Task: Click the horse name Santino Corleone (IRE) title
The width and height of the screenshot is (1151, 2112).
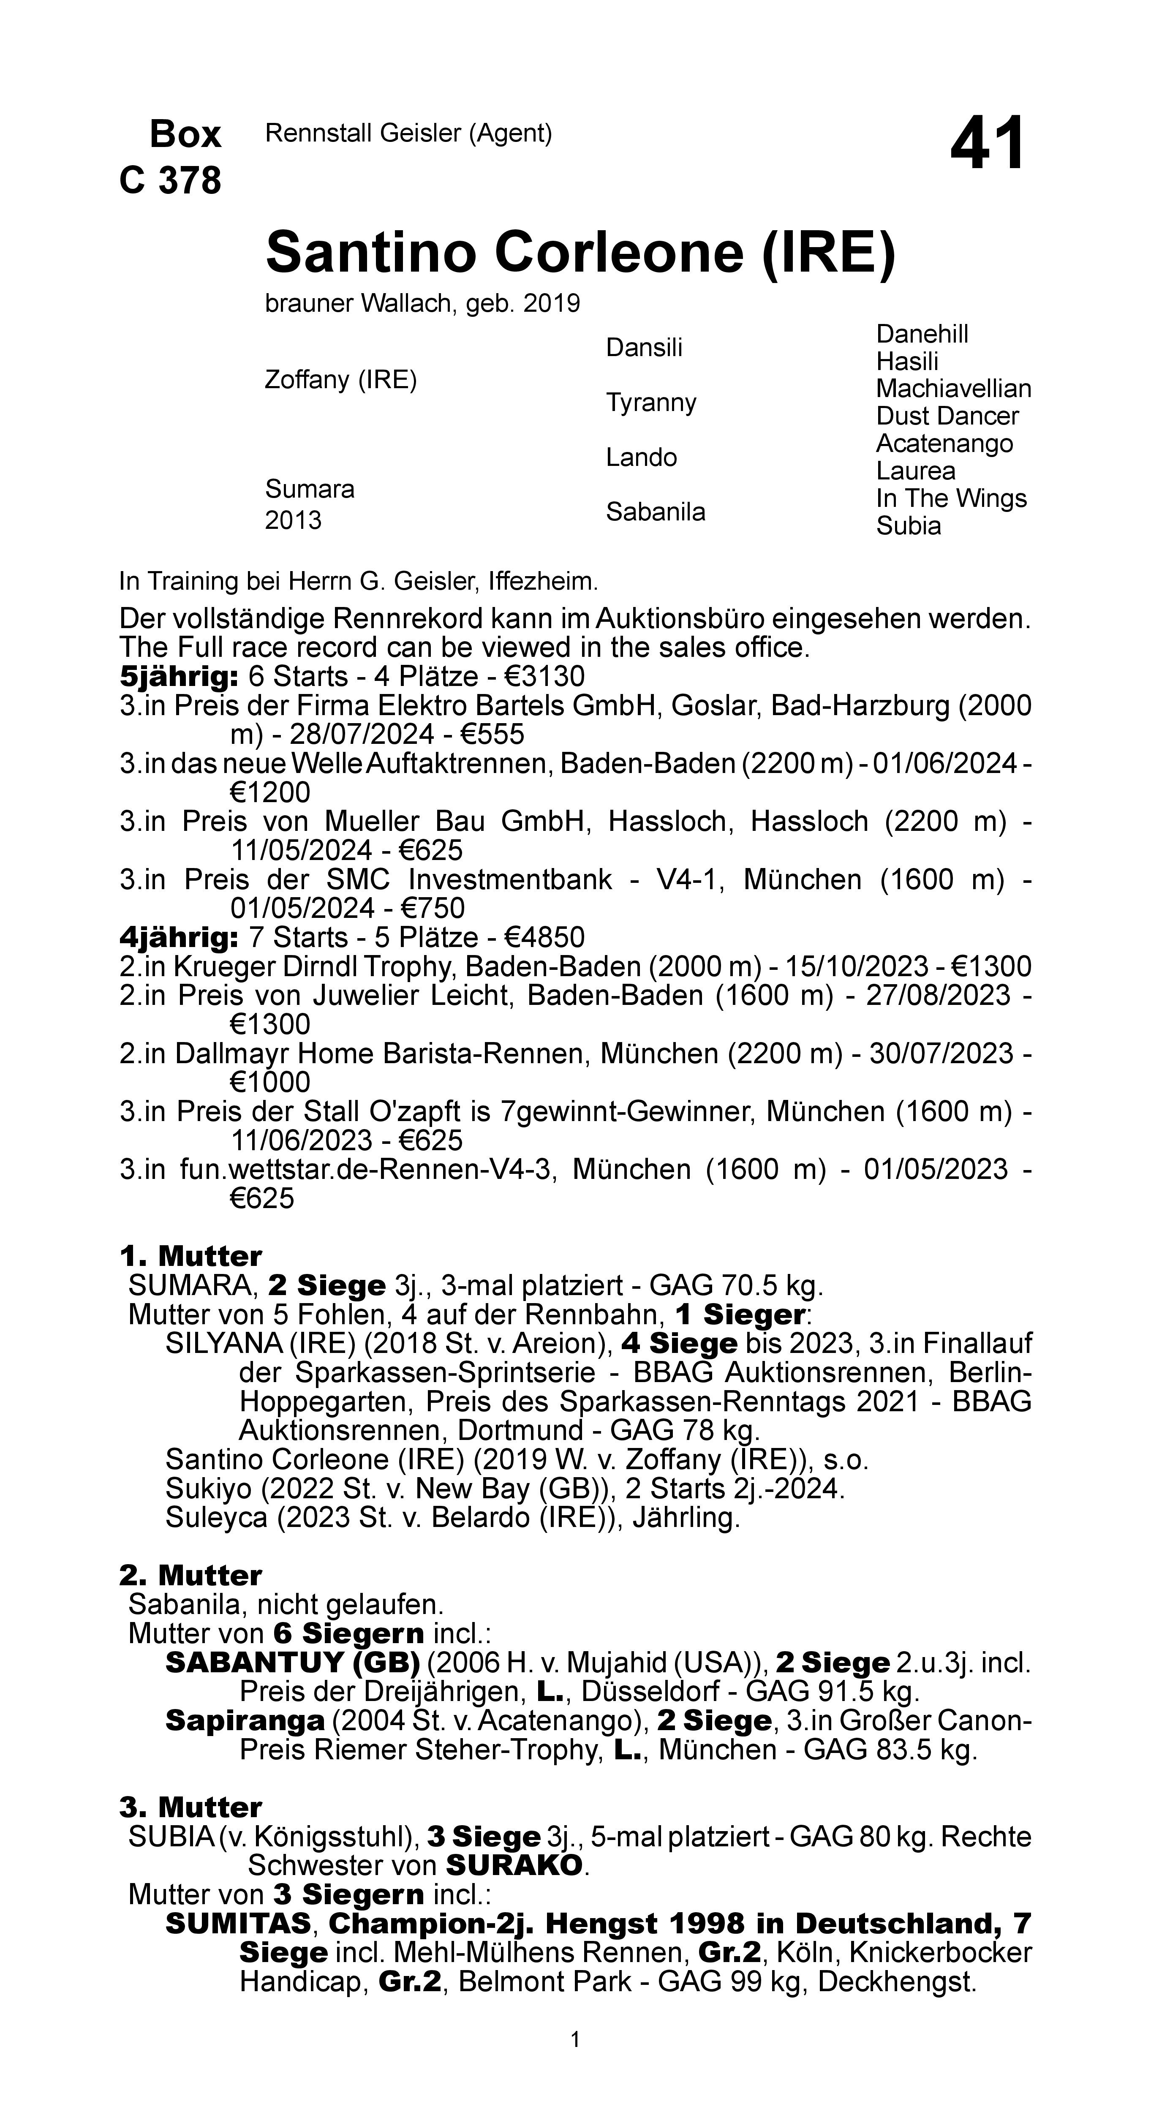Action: click(x=580, y=253)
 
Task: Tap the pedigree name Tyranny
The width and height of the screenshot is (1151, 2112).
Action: click(x=651, y=403)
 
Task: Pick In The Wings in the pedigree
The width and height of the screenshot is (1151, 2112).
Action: click(x=951, y=498)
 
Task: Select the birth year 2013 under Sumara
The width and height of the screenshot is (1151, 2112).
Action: click(x=293, y=521)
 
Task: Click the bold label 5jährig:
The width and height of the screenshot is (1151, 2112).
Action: click(x=179, y=677)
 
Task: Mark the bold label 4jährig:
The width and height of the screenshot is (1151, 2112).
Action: click(x=179, y=937)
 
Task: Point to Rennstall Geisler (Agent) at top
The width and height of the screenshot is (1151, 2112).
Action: click(x=408, y=133)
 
